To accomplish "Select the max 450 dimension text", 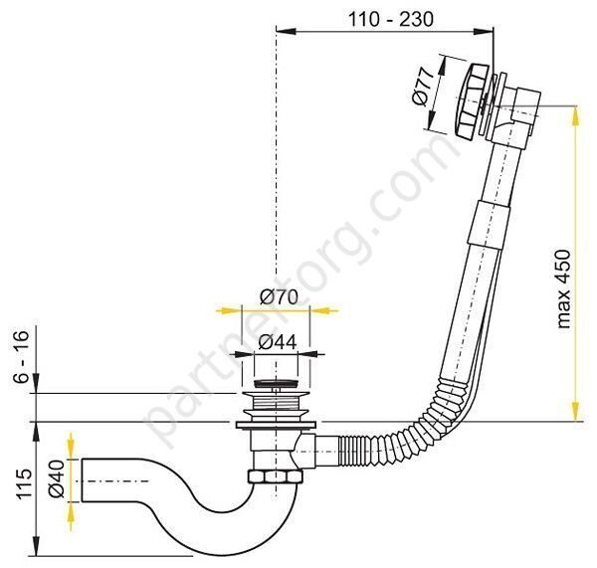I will (564, 287).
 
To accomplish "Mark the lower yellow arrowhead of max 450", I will (574, 415).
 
